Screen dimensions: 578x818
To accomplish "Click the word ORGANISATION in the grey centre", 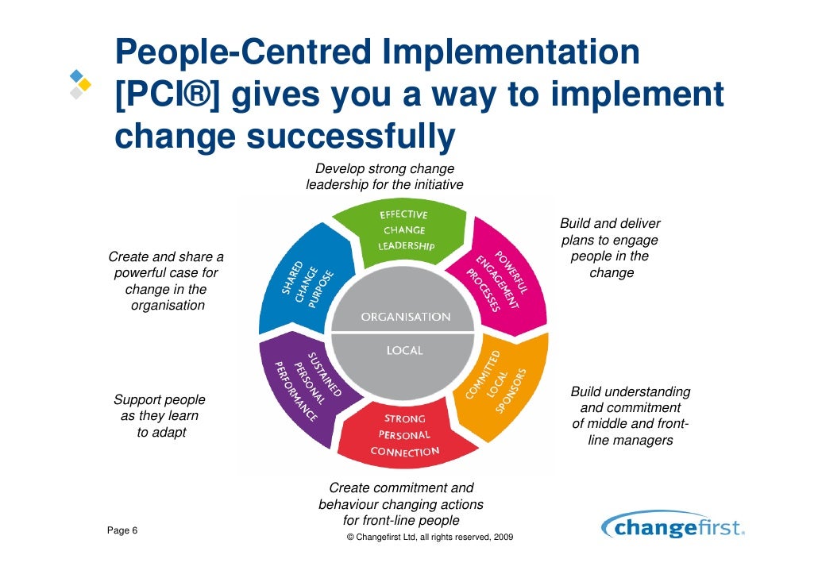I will pos(405,317).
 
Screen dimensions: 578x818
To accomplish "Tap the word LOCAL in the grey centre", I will pos(404,350).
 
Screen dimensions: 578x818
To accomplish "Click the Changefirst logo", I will pos(673,528).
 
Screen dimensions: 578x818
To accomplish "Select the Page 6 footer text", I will pos(122,530).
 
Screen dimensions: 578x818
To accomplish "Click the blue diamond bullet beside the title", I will pos(76,77).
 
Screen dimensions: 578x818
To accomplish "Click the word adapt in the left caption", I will pos(170,433).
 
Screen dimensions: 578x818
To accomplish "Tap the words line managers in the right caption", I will pos(631,440).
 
